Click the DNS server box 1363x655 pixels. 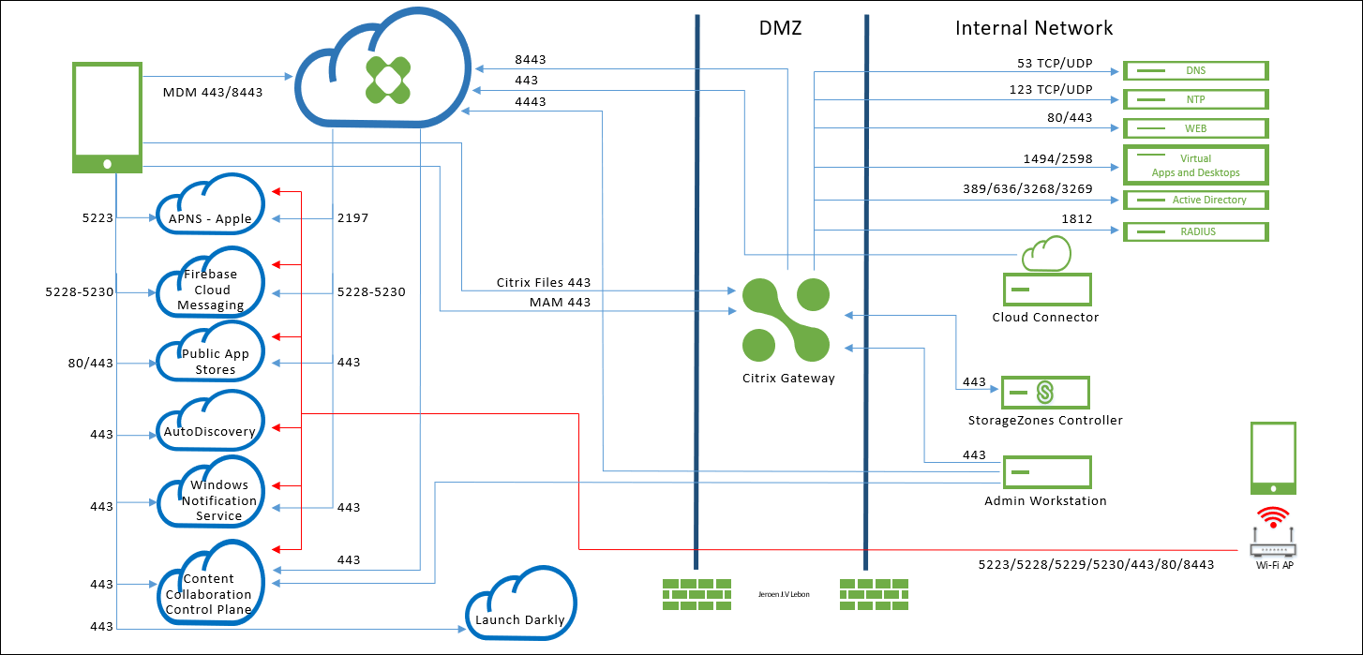1195,70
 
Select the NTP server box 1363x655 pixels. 1195,99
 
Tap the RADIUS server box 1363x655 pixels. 1195,231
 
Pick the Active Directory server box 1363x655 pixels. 1195,200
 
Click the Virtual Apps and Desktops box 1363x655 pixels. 1195,165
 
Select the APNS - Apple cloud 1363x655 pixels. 210,208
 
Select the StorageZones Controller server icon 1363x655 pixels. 1045,392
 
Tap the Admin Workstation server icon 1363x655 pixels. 1046,472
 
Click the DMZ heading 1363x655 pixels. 780,28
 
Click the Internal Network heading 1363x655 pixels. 1033,28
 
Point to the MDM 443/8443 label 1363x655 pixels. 213,92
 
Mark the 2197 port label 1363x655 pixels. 352,218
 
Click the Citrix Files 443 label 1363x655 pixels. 544,282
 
